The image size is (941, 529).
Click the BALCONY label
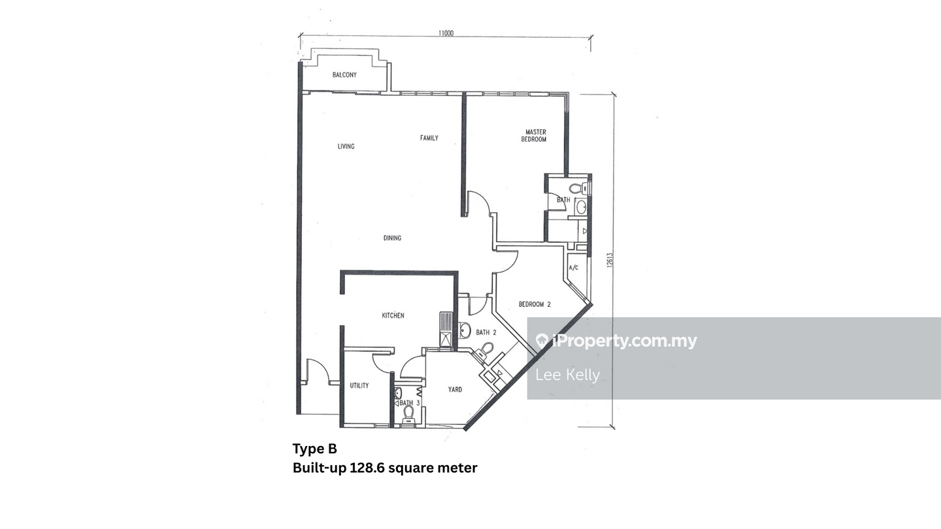point(344,74)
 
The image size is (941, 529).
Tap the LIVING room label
point(346,146)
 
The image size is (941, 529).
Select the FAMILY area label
point(429,138)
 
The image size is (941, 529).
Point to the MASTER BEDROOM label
point(535,136)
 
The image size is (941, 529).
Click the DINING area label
point(392,238)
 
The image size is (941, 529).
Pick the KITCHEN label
point(393,315)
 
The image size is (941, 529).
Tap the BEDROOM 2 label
point(535,304)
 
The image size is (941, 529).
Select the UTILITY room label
point(359,385)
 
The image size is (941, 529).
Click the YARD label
point(455,390)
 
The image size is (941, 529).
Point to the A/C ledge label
point(574,268)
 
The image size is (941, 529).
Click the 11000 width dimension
point(446,33)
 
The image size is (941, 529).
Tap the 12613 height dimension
point(610,260)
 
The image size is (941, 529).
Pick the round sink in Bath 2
point(464,330)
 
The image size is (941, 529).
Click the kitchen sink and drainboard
point(446,329)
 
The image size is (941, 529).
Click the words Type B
point(315,449)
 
